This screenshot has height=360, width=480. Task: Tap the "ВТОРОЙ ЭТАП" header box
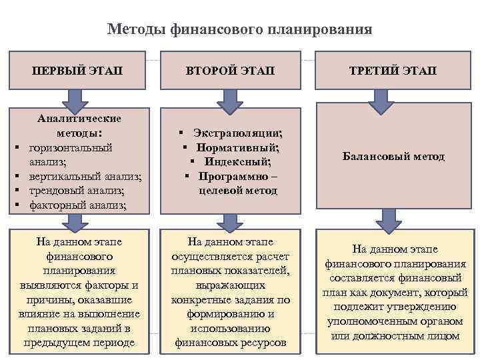tap(231, 70)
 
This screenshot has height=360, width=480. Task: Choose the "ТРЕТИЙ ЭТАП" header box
tap(393, 70)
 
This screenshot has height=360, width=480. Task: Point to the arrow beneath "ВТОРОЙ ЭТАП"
tap(231, 102)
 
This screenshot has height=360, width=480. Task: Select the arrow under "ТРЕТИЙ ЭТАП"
tap(385, 102)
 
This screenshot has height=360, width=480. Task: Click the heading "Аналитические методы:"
tap(79, 125)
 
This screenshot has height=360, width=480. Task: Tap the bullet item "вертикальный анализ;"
tap(85, 176)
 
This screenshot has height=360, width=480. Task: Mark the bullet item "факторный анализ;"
tap(77, 205)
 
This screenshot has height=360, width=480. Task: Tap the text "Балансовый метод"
tap(393, 157)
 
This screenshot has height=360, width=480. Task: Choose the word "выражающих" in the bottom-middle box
tap(230, 285)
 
